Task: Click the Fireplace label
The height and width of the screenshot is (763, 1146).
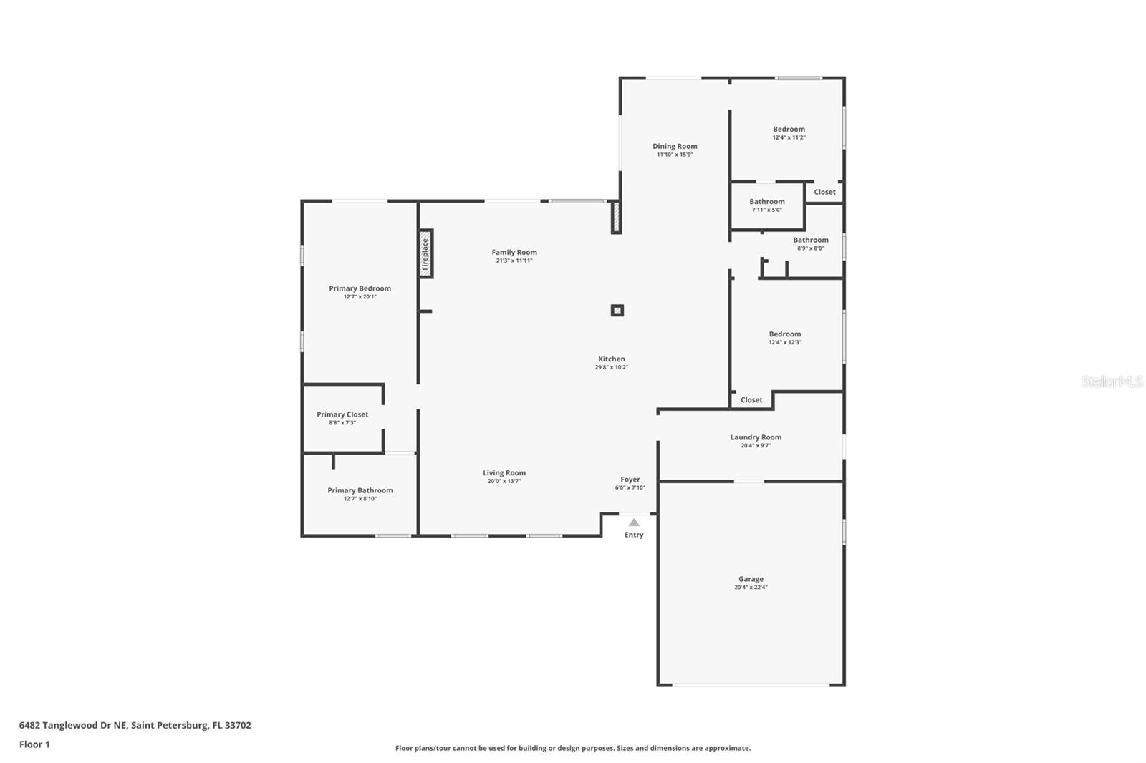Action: click(425, 254)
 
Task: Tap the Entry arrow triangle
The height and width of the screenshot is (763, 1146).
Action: click(634, 522)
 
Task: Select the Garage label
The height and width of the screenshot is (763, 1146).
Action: click(751, 579)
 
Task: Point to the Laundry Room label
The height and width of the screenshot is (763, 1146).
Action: click(756, 437)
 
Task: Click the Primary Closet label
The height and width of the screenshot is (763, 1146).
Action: click(342, 414)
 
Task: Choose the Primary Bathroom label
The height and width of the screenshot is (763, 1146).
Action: click(360, 490)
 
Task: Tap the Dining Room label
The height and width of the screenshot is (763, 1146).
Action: click(675, 146)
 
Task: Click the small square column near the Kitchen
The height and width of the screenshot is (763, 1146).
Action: click(617, 311)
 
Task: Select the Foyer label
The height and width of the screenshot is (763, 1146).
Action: click(630, 479)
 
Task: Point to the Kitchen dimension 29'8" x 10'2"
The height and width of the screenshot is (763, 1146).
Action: click(612, 367)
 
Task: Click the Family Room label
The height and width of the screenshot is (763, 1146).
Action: click(514, 252)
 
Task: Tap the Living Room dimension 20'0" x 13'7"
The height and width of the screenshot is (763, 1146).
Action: click(504, 481)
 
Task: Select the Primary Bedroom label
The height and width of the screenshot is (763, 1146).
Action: click(360, 288)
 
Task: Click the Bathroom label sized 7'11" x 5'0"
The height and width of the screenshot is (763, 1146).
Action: click(767, 202)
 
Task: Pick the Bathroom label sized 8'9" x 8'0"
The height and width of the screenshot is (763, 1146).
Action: click(811, 240)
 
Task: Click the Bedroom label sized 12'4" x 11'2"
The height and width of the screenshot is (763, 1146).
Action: click(789, 130)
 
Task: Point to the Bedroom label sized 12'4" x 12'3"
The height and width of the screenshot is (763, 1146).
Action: click(785, 334)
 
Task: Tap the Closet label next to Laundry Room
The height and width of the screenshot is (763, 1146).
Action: click(751, 400)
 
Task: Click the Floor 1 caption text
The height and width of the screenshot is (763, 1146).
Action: click(35, 744)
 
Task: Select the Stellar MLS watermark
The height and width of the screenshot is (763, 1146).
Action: click(1112, 381)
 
